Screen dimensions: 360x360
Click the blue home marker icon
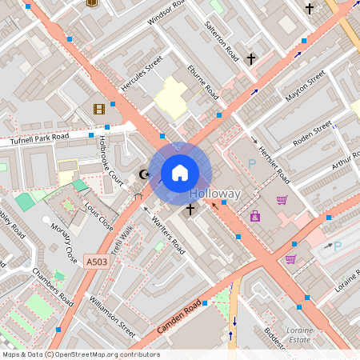tap(180, 173)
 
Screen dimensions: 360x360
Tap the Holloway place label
tap(214, 194)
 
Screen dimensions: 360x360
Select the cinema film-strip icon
tap(98, 109)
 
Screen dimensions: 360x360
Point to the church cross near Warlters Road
tap(190, 210)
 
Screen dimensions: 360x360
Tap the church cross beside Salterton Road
tap(250, 59)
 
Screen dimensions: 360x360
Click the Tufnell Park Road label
tap(40, 138)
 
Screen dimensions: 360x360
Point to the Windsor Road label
tap(162, 16)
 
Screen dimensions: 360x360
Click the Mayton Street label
tap(305, 86)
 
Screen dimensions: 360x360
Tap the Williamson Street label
tap(113, 313)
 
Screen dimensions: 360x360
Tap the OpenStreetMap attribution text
tap(81, 354)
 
